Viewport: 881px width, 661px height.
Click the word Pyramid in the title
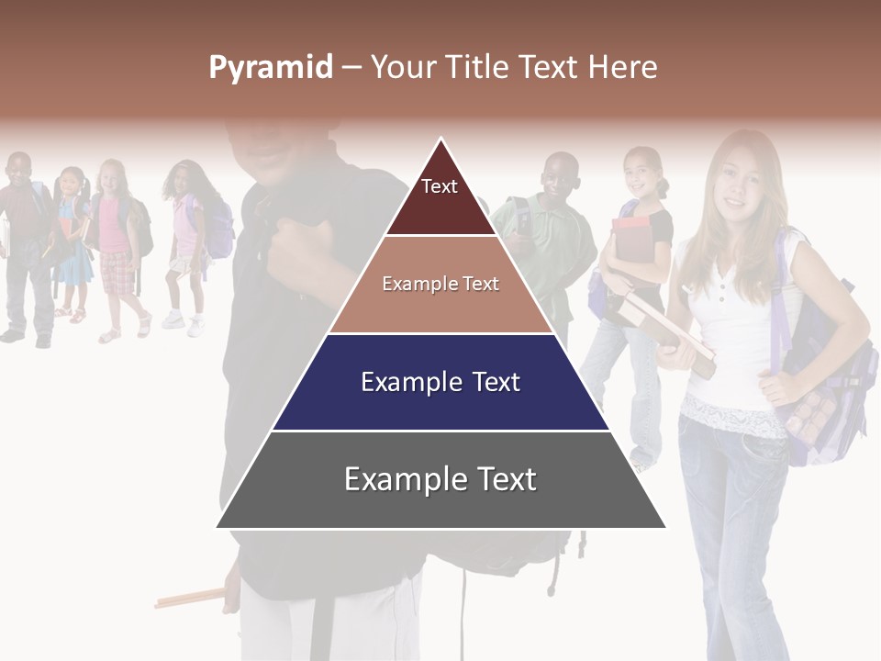[x=270, y=68]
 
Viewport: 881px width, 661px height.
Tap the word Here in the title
[x=622, y=67]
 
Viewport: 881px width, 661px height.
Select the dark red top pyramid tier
[x=440, y=197]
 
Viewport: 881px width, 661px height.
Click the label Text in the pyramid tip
[x=440, y=186]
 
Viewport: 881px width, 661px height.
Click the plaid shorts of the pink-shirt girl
[x=117, y=271]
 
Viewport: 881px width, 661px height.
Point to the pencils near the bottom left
[x=189, y=599]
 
